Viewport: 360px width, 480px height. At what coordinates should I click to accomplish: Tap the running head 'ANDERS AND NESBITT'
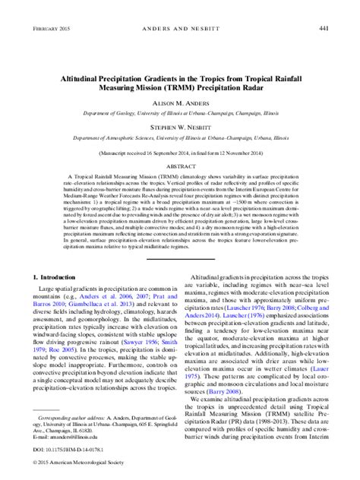click(x=180, y=29)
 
